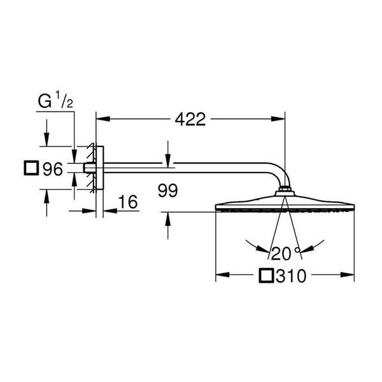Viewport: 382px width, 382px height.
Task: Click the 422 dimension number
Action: pyautogui.click(x=190, y=119)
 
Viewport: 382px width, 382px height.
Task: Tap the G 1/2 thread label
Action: pyautogui.click(x=55, y=100)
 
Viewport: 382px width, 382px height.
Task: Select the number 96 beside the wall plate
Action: pyautogui.click(x=53, y=169)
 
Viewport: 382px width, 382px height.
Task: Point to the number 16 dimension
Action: pyautogui.click(x=128, y=202)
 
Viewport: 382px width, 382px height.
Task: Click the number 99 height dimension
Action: pyautogui.click(x=168, y=190)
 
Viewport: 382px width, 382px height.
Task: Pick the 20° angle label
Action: pyautogui.click(x=285, y=253)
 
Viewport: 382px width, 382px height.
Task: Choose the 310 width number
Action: pyautogui.click(x=291, y=276)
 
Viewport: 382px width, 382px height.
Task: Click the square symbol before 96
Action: pyautogui.click(x=31, y=168)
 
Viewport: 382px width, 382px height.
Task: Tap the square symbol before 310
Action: pyautogui.click(x=267, y=276)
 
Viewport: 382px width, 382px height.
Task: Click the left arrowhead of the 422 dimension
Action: pyautogui.click(x=103, y=119)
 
